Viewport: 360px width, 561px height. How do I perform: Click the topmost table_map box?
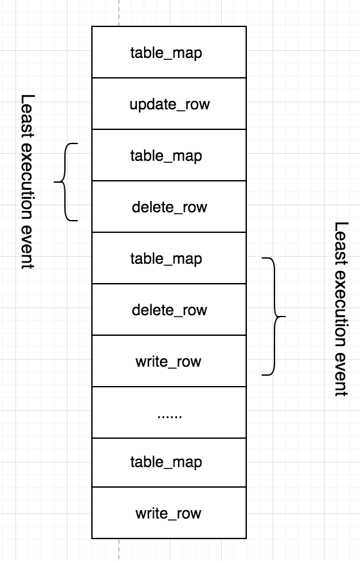click(x=169, y=52)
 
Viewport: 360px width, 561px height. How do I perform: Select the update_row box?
click(x=169, y=104)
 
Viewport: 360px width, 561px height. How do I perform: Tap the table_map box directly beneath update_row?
click(x=169, y=155)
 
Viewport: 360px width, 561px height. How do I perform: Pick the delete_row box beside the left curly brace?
click(x=169, y=207)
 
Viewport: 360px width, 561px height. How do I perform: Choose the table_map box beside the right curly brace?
click(x=169, y=258)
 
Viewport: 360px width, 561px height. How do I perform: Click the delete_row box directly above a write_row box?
click(x=169, y=309)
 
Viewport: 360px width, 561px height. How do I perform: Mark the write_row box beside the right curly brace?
click(x=169, y=361)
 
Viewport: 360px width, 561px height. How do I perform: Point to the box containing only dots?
click(x=169, y=412)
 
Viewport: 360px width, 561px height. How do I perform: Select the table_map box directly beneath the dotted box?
click(x=169, y=463)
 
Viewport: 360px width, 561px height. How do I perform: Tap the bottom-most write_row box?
click(x=169, y=513)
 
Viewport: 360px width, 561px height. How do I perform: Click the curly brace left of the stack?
click(x=65, y=182)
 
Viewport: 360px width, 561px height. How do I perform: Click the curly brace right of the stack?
click(x=274, y=317)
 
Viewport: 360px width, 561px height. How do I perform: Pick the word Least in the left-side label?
click(x=28, y=116)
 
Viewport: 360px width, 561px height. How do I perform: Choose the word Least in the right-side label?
click(x=341, y=244)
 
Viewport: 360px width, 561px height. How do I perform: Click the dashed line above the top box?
click(x=119, y=13)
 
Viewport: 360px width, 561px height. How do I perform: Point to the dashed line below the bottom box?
click(x=119, y=550)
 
